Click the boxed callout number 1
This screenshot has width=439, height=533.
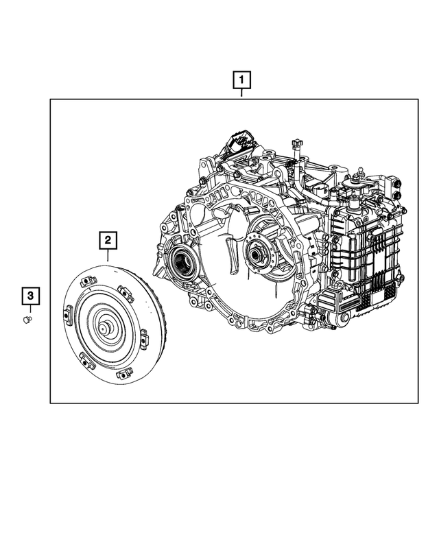point(241,82)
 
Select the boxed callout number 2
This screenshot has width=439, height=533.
point(108,240)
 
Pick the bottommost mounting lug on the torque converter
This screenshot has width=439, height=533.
point(124,374)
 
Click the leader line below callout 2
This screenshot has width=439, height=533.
point(108,255)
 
